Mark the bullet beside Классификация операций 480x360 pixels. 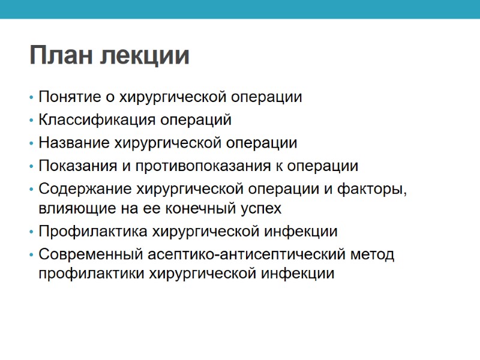coord(31,121)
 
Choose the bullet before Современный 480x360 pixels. coord(31,254)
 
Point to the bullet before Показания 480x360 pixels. coord(31,166)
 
